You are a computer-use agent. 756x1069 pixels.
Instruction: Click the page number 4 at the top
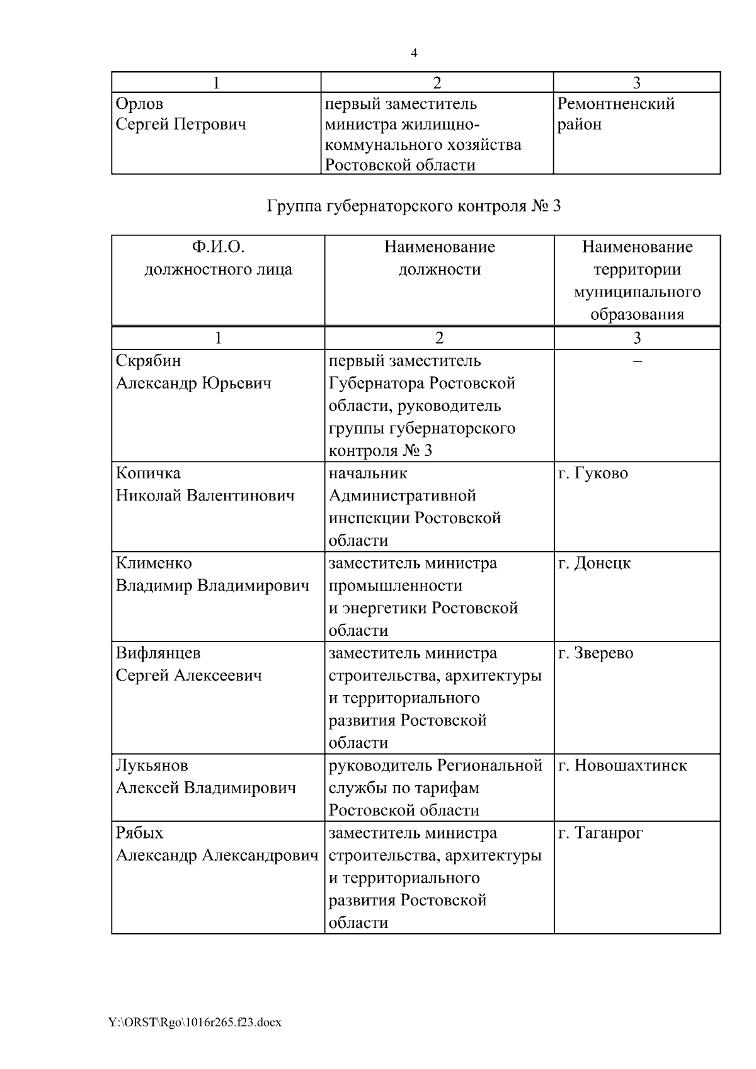pos(414,54)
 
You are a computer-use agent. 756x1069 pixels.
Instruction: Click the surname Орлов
pos(140,103)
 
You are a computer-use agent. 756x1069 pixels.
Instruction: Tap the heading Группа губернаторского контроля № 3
pos(414,206)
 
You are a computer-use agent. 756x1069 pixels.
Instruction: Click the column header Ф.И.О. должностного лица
pos(218,258)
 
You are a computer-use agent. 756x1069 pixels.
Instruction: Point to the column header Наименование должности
pos(439,258)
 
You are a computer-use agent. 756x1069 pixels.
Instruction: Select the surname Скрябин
pos(149,361)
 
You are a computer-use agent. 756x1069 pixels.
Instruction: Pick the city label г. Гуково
pos(593,473)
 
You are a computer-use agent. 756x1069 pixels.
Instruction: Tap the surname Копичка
pos(148,473)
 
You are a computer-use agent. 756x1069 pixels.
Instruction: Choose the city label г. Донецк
pos(594,563)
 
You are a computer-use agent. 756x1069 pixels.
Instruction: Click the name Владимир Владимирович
pos(212,586)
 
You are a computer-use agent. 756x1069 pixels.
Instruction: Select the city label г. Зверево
pos(595,653)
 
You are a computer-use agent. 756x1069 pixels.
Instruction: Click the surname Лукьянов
pos(152,766)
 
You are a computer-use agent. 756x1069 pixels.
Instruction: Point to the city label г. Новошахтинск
pos(622,766)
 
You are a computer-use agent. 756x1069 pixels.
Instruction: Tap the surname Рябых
pos(140,834)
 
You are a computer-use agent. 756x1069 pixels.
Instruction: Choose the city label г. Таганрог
pos(600,834)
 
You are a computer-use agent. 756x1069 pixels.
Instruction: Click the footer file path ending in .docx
pos(195,1022)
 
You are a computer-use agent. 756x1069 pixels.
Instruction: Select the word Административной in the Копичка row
pos(403,496)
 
